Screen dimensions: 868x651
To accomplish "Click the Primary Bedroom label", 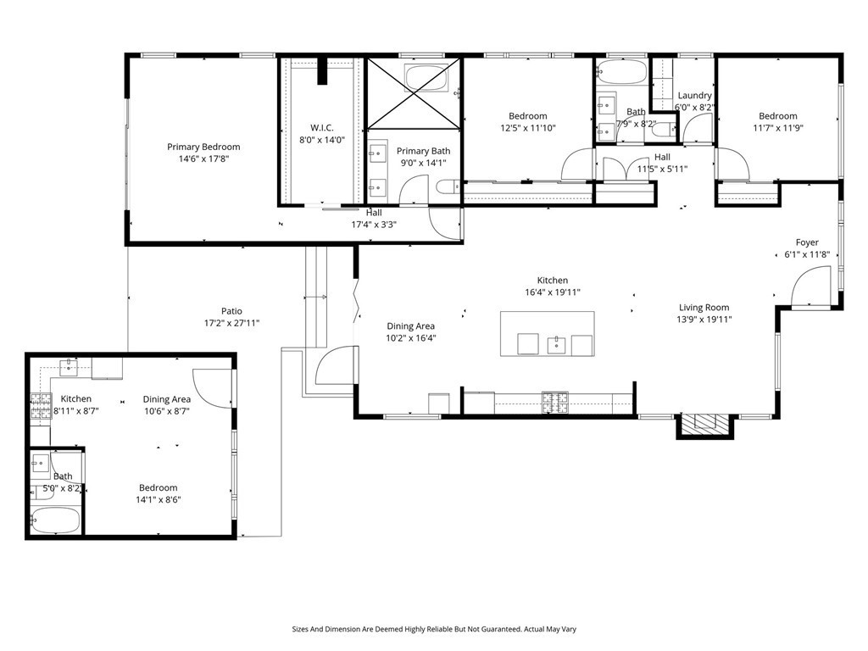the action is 203,147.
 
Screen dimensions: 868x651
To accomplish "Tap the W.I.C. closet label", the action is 321,127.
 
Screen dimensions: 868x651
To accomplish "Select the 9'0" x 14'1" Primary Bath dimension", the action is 424,163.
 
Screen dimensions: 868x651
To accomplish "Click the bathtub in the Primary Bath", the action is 426,77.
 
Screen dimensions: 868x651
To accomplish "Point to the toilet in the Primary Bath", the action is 448,186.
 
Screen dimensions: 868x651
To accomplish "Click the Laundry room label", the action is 695,95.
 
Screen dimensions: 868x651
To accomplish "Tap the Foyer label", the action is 807,242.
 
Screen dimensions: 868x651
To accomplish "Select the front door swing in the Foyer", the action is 811,286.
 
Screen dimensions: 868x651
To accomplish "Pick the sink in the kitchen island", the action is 556,345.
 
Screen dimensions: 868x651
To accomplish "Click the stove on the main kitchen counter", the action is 555,403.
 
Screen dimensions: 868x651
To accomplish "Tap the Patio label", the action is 231,311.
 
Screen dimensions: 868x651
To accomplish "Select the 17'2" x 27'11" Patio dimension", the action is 231,323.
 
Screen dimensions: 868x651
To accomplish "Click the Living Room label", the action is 704,307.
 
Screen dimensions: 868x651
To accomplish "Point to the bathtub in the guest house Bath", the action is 55,520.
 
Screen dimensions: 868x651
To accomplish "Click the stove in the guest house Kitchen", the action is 41,406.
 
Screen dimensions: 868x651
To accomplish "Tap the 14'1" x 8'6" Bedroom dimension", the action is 159,499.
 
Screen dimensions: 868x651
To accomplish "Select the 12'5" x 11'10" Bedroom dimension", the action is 528,128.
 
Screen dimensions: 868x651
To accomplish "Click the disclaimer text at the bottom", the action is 434,629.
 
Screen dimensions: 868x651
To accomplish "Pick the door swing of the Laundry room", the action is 697,129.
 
